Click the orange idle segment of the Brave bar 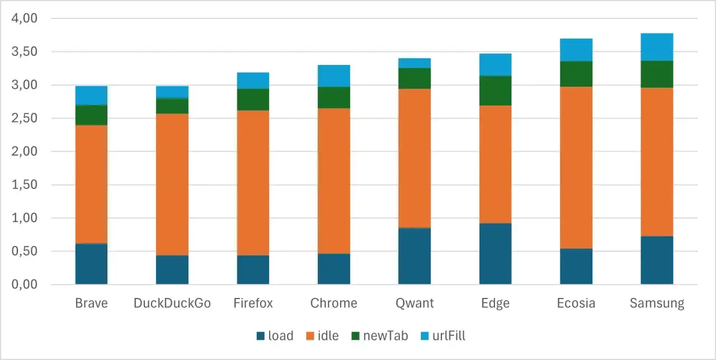point(91,184)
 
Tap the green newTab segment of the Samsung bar point(657,74)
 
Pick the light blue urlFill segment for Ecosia point(576,50)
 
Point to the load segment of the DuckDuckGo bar point(172,269)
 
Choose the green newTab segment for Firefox point(253,100)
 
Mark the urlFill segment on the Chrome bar point(334,75)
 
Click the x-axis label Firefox point(253,304)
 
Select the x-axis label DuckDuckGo point(172,304)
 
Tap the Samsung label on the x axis point(657,304)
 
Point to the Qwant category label point(414,304)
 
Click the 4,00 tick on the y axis point(23,18)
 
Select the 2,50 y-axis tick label point(23,119)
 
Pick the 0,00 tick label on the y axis point(23,285)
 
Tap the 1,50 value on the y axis point(23,185)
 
